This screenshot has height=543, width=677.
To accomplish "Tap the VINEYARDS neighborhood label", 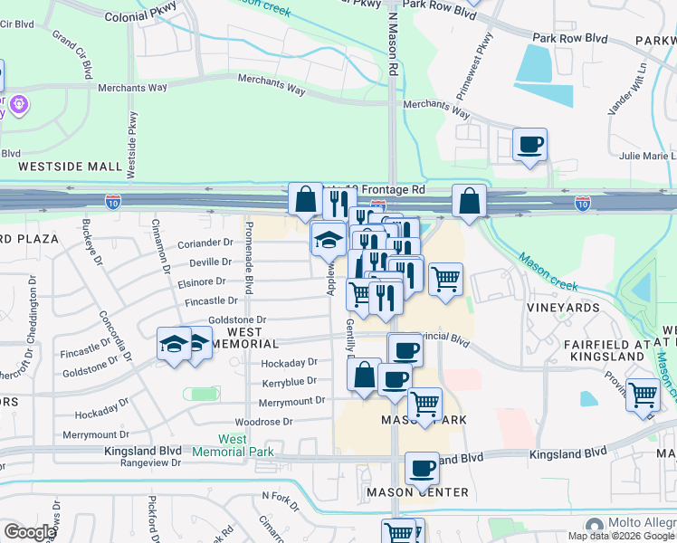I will (x=563, y=308).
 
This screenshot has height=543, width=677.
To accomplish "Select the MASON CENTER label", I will (x=417, y=492).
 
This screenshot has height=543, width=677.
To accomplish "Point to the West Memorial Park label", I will (x=232, y=445).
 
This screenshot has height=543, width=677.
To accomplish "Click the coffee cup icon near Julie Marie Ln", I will (x=529, y=143).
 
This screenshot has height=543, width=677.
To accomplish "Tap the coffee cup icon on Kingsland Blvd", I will (x=422, y=468).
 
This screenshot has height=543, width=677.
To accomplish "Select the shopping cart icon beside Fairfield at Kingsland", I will (x=643, y=395).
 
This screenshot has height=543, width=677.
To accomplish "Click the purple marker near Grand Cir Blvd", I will (x=17, y=105).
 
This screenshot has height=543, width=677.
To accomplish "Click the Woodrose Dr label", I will (x=263, y=422).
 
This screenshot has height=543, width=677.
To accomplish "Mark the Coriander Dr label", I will (x=205, y=243).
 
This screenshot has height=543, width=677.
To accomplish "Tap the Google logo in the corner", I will (x=29, y=532).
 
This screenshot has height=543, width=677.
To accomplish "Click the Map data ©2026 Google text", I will (x=620, y=536).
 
